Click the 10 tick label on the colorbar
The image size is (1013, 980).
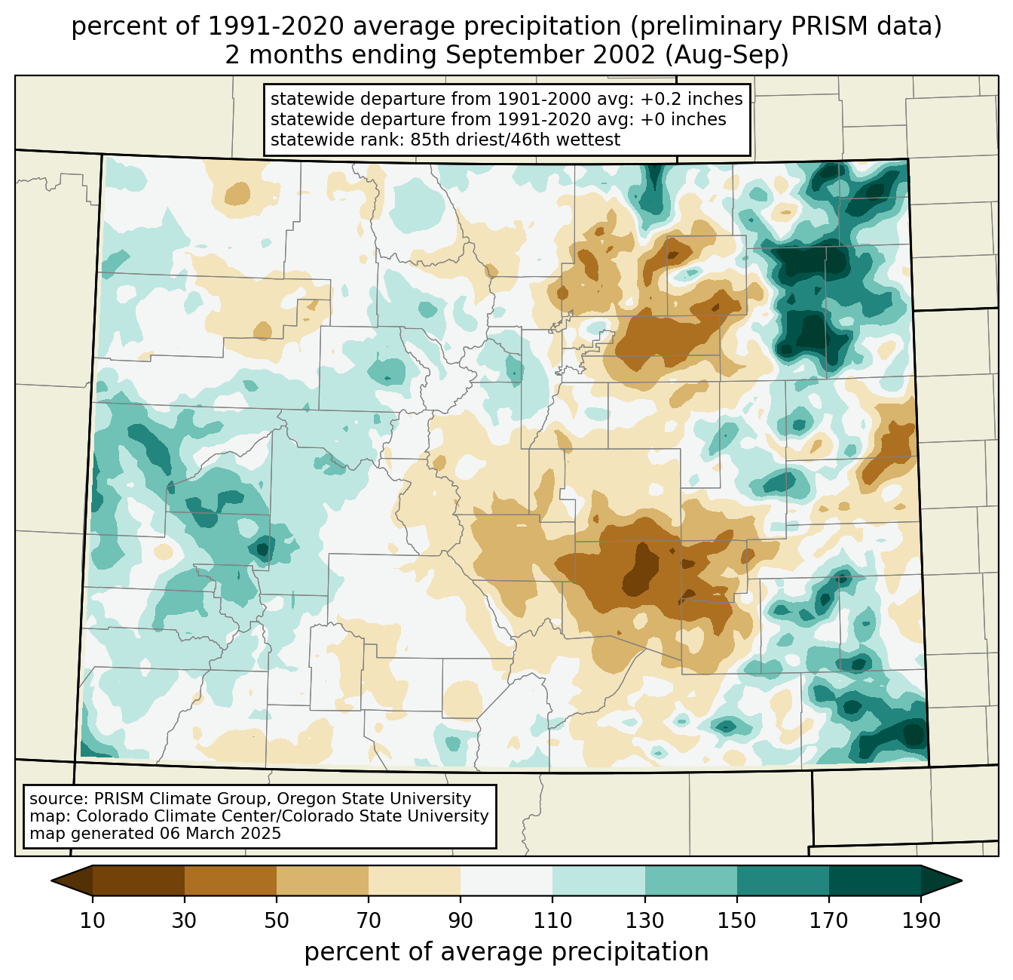tap(93, 921)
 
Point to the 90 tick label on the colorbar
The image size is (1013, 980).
tap(461, 921)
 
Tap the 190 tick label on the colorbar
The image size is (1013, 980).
tap(920, 921)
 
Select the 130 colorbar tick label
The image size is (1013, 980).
tap(645, 921)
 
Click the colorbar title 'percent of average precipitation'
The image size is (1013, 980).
tap(506, 952)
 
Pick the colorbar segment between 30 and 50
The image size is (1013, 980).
tap(231, 880)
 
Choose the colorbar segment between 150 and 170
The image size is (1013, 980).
tap(783, 880)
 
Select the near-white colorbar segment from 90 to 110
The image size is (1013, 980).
tap(506, 880)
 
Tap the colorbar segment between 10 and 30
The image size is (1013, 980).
tap(139, 880)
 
